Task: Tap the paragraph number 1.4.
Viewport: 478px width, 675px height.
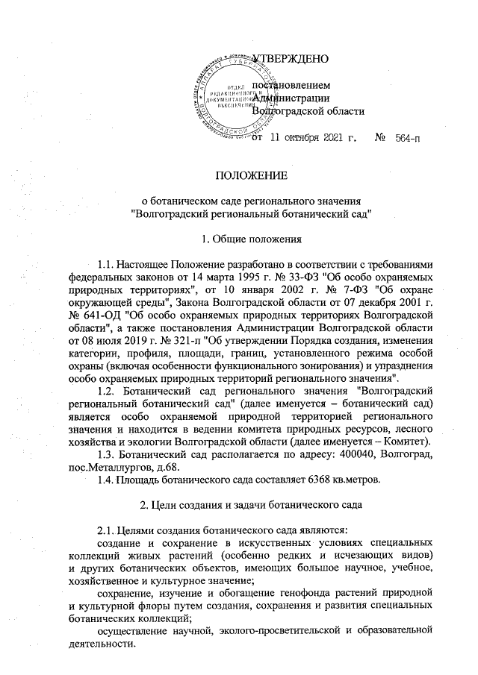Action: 111,479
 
